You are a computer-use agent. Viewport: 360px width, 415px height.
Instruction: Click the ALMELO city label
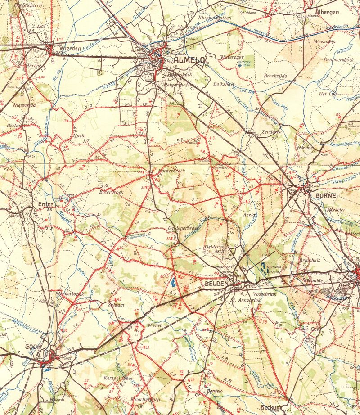tap(189, 59)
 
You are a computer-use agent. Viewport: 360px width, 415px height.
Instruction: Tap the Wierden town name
tap(71, 49)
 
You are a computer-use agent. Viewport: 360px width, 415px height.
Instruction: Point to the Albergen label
tap(327, 12)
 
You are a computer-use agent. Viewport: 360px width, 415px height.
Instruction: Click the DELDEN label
tap(217, 284)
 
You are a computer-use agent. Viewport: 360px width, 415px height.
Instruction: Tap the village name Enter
tap(46, 204)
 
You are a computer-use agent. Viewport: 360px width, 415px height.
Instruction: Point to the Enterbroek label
tap(111, 192)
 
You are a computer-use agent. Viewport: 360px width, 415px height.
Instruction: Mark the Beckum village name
tap(271, 407)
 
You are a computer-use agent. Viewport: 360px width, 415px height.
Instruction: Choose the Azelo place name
tap(249, 215)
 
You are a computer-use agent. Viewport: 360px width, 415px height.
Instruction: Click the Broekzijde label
tap(276, 76)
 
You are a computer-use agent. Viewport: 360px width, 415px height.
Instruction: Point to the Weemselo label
tap(324, 41)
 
